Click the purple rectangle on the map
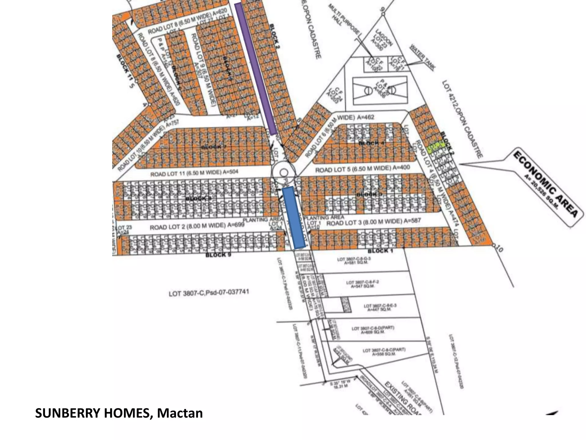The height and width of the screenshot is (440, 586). click(x=256, y=69)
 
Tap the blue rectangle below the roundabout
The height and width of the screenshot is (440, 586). click(x=294, y=218)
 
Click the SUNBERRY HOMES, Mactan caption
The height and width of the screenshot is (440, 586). click(x=119, y=413)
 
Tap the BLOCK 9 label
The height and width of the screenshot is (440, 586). click(x=218, y=255)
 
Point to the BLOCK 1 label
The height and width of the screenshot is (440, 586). click(x=380, y=251)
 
